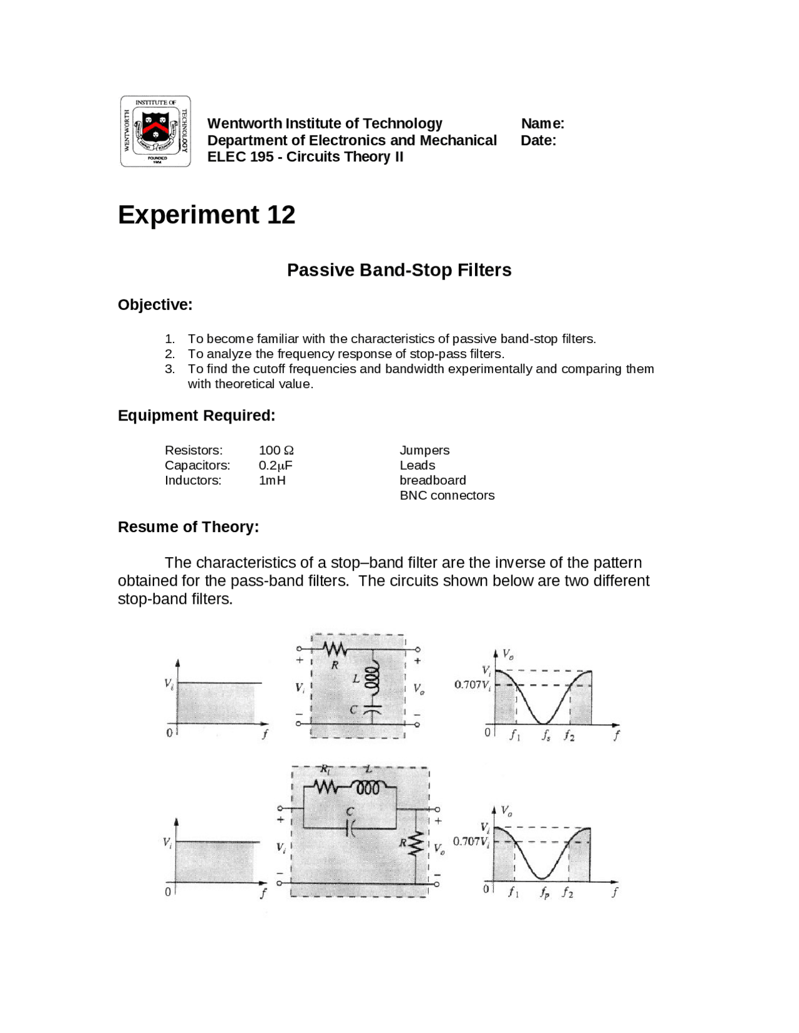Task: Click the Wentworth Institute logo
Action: click(x=155, y=132)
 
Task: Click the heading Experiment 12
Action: click(x=207, y=215)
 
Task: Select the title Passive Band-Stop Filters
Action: click(x=399, y=270)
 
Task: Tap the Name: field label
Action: click(x=542, y=124)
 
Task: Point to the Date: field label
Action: click(x=538, y=140)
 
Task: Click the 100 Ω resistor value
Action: click(x=276, y=450)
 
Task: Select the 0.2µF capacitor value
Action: click(x=275, y=465)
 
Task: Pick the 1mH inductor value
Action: click(x=272, y=480)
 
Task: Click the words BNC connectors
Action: click(x=447, y=495)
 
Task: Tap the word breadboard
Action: click(x=433, y=480)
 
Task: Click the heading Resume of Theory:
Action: click(x=189, y=527)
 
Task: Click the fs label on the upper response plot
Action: click(x=546, y=736)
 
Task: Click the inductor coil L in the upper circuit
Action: click(x=373, y=678)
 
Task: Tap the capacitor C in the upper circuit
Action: click(x=372, y=710)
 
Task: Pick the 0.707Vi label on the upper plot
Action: click(x=473, y=685)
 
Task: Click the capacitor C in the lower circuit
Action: click(x=351, y=827)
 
